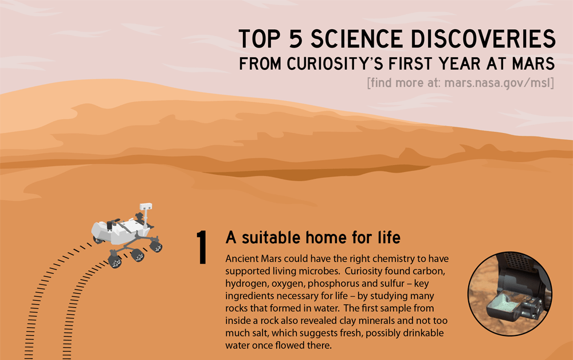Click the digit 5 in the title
pos(296,39)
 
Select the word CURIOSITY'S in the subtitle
pos(335,64)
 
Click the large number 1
pos(202,247)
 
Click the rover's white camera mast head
pos(146,206)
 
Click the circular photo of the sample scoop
pos(510,294)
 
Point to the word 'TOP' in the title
pos(260,39)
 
